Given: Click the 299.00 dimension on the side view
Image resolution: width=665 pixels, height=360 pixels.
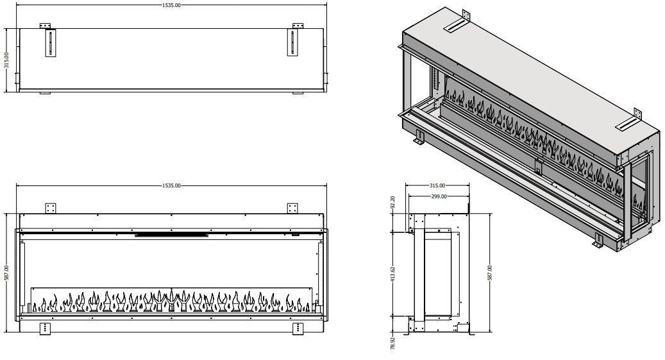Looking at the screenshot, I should click(439, 196).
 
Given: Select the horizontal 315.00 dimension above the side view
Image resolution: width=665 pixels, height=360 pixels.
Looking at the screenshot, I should click(439, 185).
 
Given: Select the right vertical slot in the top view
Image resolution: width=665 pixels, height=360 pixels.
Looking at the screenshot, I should click(294, 44).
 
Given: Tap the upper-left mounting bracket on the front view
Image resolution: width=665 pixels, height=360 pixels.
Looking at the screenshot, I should click(51, 208).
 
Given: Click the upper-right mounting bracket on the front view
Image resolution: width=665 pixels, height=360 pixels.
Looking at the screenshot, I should click(293, 208).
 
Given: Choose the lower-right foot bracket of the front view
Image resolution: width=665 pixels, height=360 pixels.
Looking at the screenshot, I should click(298, 327).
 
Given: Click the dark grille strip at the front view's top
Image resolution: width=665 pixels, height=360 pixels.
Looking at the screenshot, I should click(171, 234).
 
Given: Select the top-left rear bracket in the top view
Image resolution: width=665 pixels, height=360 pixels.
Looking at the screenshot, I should click(45, 26).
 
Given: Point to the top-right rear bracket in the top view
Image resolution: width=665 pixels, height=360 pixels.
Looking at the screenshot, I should click(298, 26).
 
